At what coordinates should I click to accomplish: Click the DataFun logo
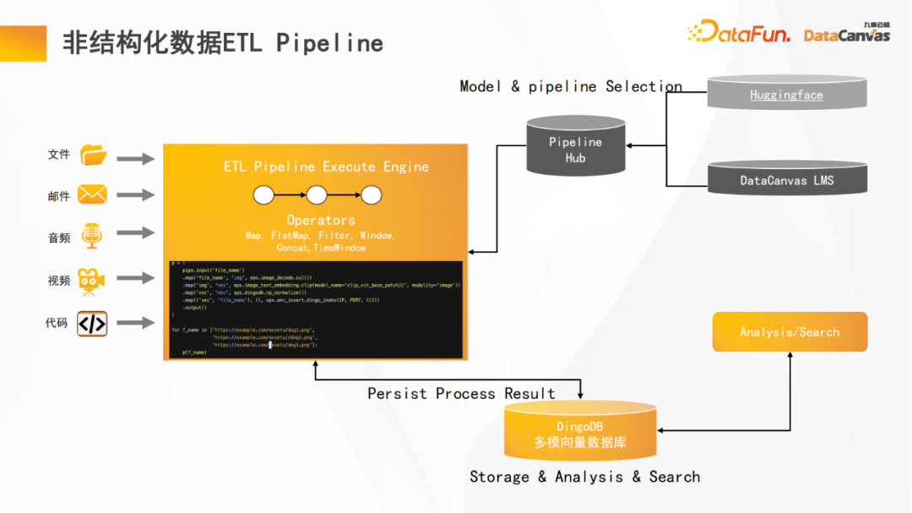pos(739,33)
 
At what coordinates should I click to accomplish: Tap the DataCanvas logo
pos(847,34)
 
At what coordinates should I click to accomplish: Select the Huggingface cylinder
pos(785,95)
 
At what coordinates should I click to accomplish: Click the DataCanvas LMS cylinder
pos(785,179)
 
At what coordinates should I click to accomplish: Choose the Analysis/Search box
pos(790,332)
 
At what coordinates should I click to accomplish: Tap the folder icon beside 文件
pos(93,156)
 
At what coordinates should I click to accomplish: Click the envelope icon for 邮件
pos(92,195)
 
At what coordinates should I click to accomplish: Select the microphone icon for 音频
pos(91,237)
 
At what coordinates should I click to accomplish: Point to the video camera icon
pos(91,281)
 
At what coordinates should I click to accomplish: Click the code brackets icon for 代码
pos(92,324)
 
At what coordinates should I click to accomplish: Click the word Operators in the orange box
pos(321,220)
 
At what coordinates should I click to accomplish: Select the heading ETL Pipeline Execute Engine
pos(326,166)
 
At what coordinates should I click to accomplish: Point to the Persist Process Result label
pos(461,394)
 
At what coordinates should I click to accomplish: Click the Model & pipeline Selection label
pos(571,86)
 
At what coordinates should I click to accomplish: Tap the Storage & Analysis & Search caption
pos(584,477)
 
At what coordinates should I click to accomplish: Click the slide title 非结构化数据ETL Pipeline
pos(223,42)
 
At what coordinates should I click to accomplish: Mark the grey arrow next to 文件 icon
pos(135,158)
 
